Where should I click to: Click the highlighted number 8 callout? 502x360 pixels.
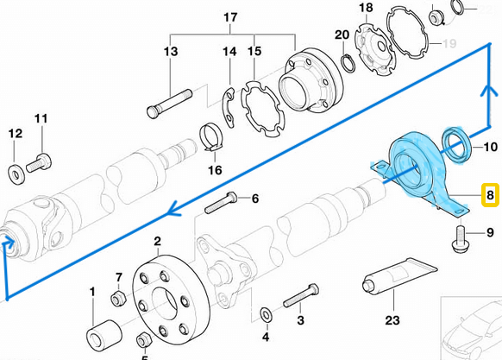[490, 196]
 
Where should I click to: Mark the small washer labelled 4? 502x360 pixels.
[265, 310]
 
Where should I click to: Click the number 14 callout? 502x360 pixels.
[229, 52]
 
